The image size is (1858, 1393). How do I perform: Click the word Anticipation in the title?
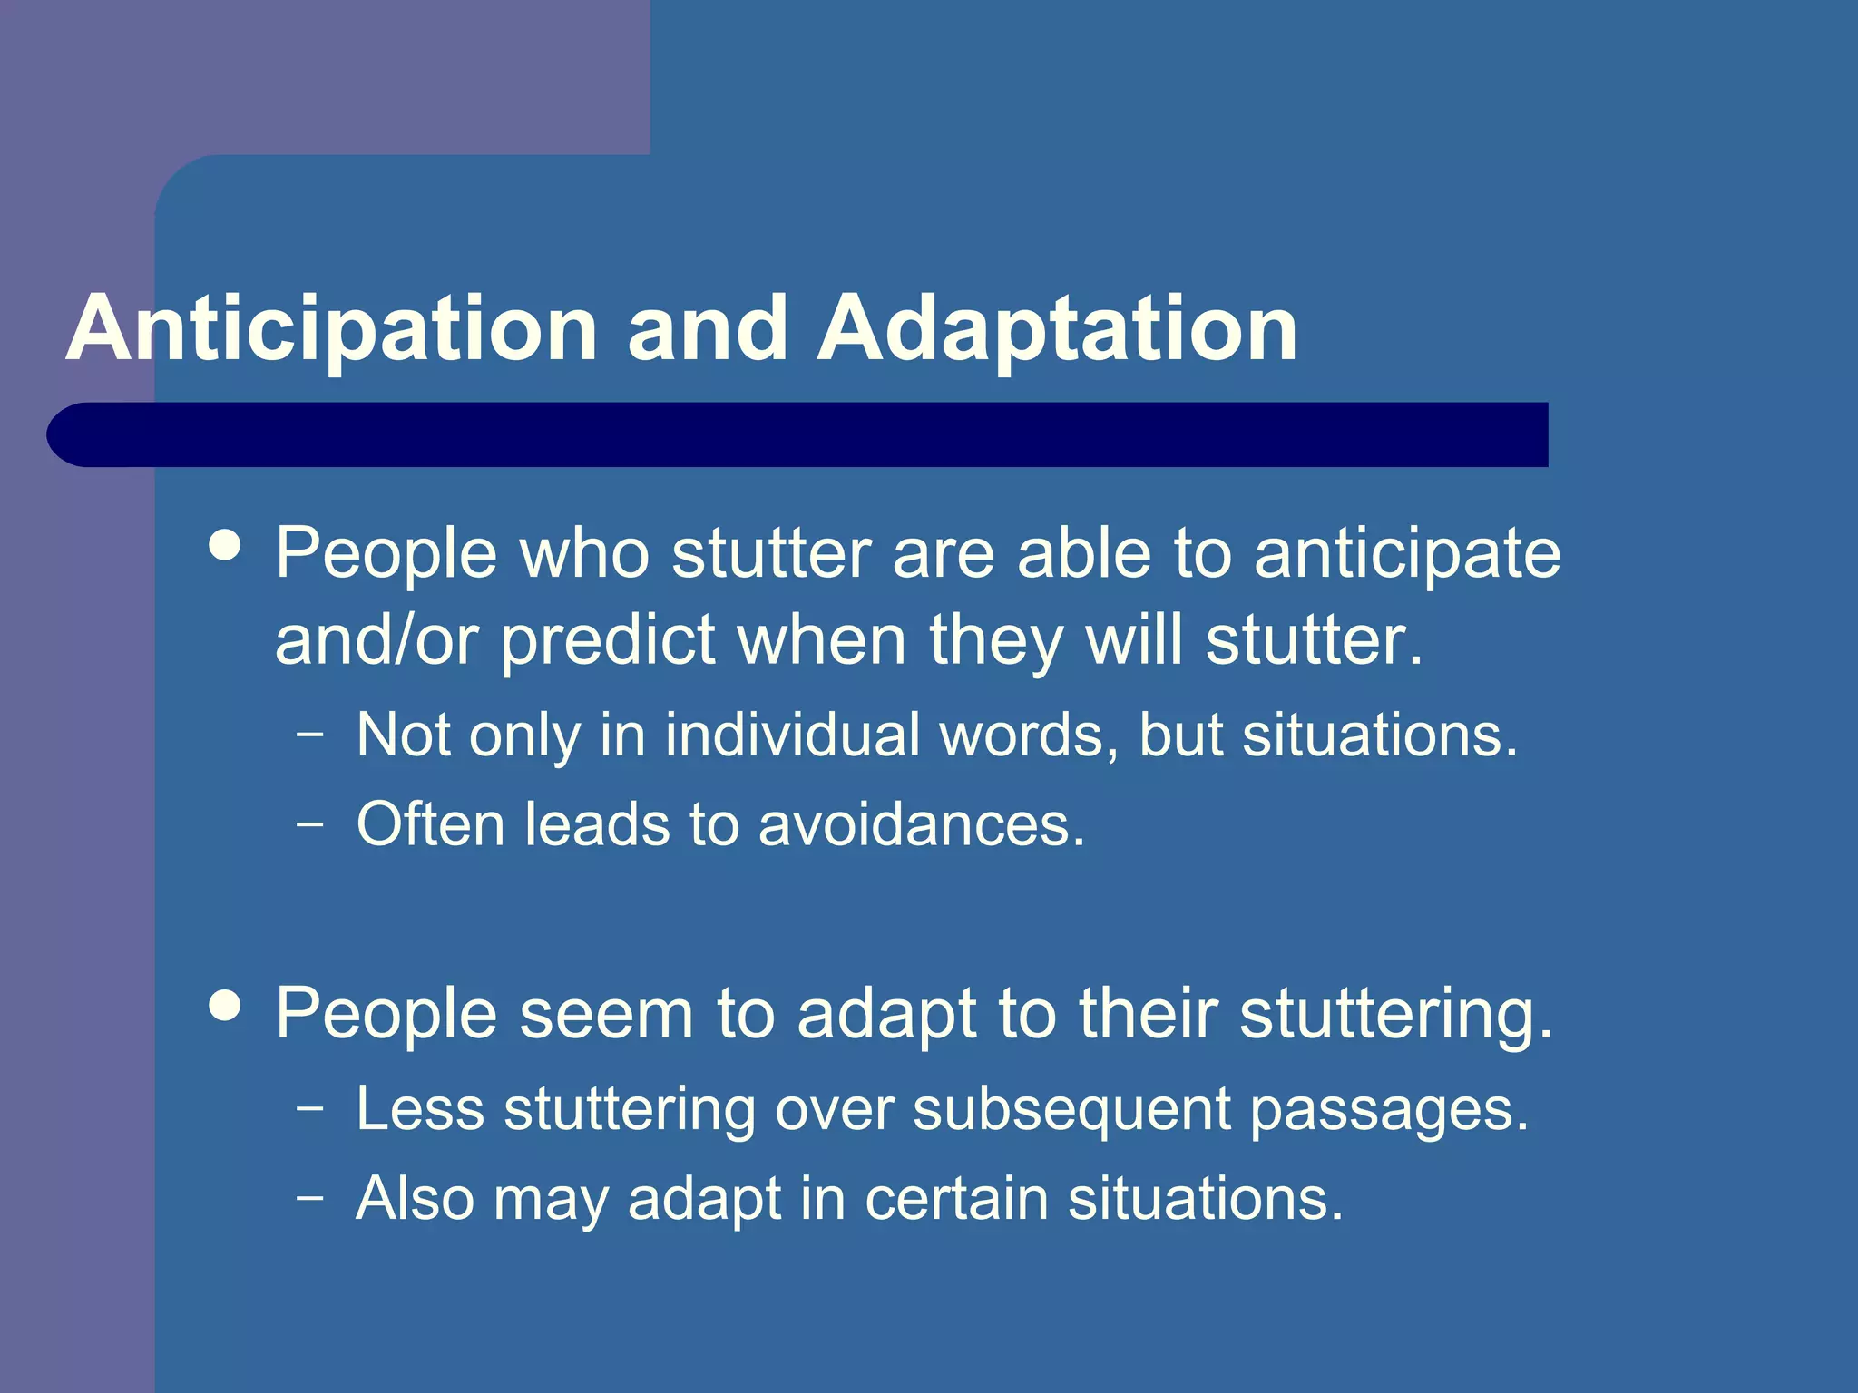(331, 328)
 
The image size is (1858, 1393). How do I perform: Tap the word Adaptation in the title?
(1057, 328)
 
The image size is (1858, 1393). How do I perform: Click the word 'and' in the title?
(708, 328)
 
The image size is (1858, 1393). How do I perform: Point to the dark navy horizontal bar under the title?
(798, 434)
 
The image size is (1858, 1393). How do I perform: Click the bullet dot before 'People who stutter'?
(224, 546)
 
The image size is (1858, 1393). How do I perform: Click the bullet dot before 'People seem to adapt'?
(224, 1005)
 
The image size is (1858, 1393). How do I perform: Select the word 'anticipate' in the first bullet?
(1407, 553)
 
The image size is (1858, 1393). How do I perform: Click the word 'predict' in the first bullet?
(608, 640)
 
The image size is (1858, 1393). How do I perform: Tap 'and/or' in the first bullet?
(376, 640)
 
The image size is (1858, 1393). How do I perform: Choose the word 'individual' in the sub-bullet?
(792, 734)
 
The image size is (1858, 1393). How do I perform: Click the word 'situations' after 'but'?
(1379, 734)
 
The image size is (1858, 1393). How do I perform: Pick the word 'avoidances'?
(921, 824)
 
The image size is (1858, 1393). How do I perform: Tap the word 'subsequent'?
(1071, 1109)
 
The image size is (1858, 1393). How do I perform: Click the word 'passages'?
(1388, 1109)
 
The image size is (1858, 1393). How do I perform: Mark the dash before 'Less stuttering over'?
(309, 1107)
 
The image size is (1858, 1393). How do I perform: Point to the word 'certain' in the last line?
(955, 1199)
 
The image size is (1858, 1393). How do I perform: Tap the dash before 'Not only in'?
(309, 734)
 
